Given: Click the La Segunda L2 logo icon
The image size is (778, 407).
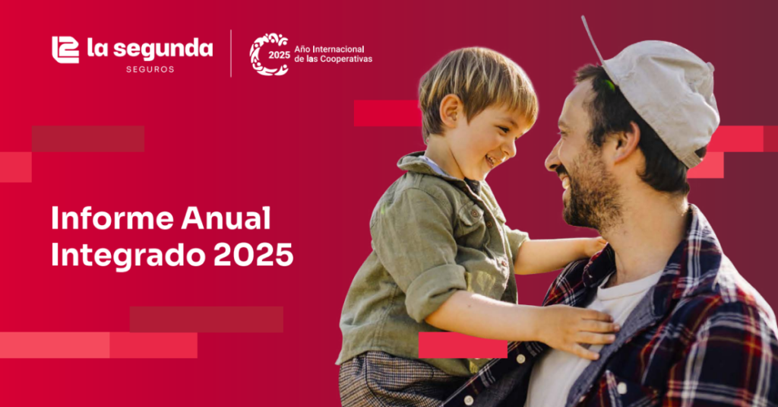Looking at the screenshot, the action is [65, 49].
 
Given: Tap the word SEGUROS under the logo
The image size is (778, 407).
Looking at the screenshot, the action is [150, 69].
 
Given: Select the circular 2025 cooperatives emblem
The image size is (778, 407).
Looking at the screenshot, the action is [270, 54].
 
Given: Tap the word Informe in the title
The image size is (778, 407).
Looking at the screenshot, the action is [112, 218].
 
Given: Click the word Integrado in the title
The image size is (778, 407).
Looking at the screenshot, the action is [128, 256].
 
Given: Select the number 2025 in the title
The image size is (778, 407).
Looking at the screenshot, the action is [254, 255].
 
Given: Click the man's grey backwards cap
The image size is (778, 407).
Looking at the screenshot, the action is [660, 100].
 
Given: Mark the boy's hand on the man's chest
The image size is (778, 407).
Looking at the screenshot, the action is [578, 328].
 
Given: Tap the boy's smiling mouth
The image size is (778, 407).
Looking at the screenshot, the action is [490, 160].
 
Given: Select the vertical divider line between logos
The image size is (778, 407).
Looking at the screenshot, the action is [231, 54].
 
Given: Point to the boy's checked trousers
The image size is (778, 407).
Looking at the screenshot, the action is [392, 380].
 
